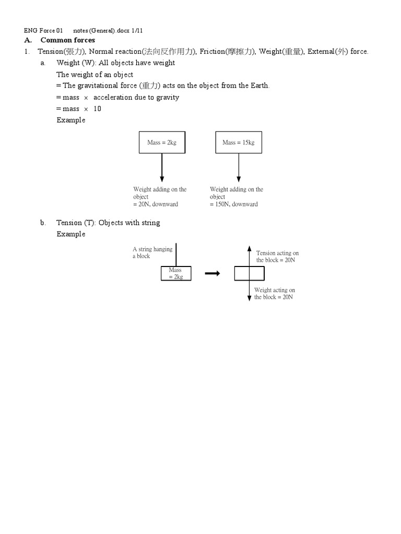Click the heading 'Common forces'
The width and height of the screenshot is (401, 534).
(68, 40)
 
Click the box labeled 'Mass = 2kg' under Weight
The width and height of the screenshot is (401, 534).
(162, 142)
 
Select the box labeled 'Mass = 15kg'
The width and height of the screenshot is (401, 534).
(239, 142)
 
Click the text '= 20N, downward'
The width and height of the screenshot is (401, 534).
(156, 204)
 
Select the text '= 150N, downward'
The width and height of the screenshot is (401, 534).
(234, 204)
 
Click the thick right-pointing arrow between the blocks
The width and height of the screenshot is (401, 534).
(212, 274)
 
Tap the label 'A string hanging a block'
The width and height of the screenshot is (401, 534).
(152, 252)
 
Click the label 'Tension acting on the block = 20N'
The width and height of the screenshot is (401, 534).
(277, 257)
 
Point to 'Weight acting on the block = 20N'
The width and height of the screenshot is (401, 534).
(275, 294)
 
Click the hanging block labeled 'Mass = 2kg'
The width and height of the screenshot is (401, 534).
(176, 274)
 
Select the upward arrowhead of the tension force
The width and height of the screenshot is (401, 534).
(250, 249)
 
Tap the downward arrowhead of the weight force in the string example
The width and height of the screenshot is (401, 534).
(250, 298)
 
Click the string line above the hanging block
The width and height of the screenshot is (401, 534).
(176, 254)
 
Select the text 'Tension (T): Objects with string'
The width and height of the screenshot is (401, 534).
(108, 223)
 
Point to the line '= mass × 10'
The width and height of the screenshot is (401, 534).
(79, 108)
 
